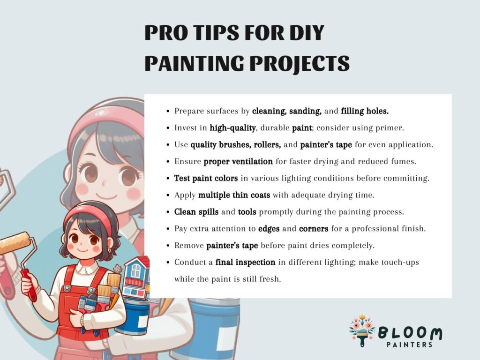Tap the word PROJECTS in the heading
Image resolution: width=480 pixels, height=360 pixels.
(300, 64)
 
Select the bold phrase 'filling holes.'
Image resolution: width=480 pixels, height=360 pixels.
(365, 111)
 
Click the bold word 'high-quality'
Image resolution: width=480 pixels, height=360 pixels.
(232, 128)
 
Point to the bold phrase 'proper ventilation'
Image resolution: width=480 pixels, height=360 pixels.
(238, 162)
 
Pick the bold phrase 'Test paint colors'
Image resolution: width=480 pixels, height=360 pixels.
(206, 178)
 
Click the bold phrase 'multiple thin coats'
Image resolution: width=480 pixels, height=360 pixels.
(234, 195)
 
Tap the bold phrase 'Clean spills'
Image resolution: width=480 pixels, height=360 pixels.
(196, 212)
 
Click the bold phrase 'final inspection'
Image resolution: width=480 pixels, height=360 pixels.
(245, 262)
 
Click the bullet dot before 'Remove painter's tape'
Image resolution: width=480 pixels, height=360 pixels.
(168, 246)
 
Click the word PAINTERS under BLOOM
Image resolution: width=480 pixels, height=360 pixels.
(409, 345)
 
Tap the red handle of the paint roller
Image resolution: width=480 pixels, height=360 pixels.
(29, 285)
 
